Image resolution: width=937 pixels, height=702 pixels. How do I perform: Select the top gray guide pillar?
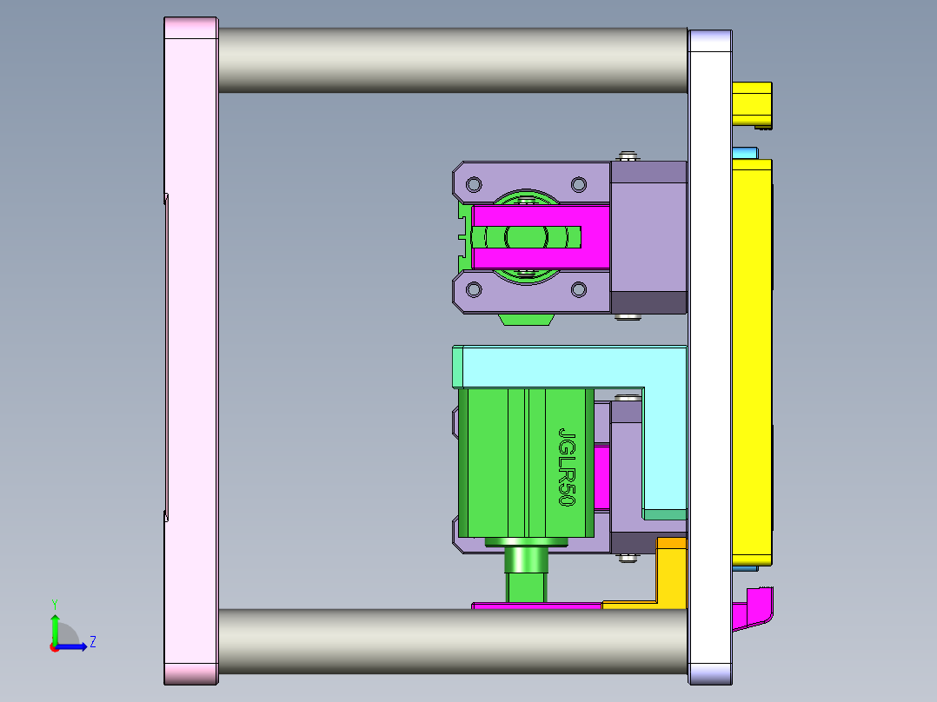coord(452,61)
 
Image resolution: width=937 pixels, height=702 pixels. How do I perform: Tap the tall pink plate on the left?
coord(191,348)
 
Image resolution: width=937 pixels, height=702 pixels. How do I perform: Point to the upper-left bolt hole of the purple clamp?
coord(474,184)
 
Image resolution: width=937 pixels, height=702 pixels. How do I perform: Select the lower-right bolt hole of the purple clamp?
coord(578,289)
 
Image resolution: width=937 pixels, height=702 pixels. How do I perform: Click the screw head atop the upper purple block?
coord(628,157)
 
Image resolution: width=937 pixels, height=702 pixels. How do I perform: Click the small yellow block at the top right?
coord(752,103)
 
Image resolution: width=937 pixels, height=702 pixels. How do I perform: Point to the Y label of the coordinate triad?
coord(55,603)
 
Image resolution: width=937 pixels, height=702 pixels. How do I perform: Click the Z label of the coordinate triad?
coord(92,642)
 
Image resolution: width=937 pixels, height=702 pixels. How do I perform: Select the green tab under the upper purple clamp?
coord(527,320)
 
